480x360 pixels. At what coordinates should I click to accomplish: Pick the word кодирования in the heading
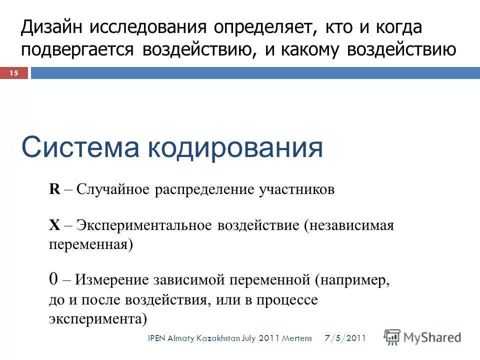click(x=234, y=147)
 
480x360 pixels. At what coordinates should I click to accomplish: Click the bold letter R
click(x=54, y=190)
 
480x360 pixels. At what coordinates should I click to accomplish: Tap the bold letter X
click(x=54, y=225)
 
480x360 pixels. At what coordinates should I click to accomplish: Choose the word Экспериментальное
click(x=144, y=225)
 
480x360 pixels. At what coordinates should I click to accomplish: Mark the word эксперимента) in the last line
click(x=98, y=318)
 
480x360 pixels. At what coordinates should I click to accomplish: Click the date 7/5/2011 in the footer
click(x=345, y=338)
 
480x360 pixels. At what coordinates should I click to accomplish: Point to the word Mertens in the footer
click(x=297, y=339)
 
